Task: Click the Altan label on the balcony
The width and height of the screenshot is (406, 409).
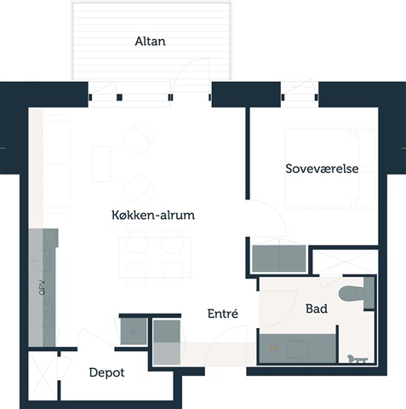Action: [x=150, y=42]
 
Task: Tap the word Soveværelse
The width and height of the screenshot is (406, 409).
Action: [x=322, y=169]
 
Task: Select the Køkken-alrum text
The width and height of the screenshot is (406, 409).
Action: [x=153, y=215]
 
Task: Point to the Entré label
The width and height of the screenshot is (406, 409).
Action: [x=223, y=314]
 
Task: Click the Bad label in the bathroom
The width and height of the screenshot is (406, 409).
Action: [x=317, y=308]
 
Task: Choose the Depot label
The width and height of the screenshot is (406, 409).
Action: [x=106, y=373]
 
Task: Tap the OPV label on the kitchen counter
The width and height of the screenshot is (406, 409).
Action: [x=42, y=287]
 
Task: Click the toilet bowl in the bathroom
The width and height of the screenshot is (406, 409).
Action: [x=352, y=294]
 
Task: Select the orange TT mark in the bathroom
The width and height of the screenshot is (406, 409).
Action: [x=272, y=349]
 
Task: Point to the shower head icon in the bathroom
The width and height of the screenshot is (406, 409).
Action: [x=357, y=359]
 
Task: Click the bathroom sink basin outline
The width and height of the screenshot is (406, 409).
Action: [x=297, y=349]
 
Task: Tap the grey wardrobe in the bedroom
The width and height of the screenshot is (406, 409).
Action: [x=279, y=259]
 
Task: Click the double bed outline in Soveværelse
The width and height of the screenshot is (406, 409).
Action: [x=330, y=168]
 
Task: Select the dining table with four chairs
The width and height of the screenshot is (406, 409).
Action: [x=155, y=257]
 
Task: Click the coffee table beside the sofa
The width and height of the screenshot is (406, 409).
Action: [x=101, y=164]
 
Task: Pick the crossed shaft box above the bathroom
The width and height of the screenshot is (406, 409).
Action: [x=346, y=262]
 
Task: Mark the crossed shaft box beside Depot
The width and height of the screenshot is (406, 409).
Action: [x=43, y=376]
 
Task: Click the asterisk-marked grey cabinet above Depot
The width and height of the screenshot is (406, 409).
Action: [x=134, y=331]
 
